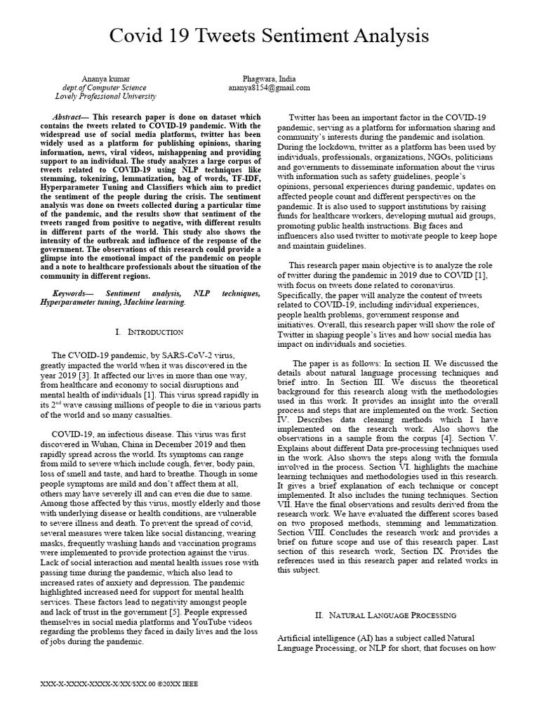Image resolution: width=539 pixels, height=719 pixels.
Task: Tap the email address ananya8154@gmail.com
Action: point(269,88)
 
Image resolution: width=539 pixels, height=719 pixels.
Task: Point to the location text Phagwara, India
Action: point(269,79)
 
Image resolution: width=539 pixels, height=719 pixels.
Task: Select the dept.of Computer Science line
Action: point(105,88)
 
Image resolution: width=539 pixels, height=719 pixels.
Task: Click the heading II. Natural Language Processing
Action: point(386,615)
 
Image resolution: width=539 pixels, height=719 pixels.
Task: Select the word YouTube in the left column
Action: point(194,623)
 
